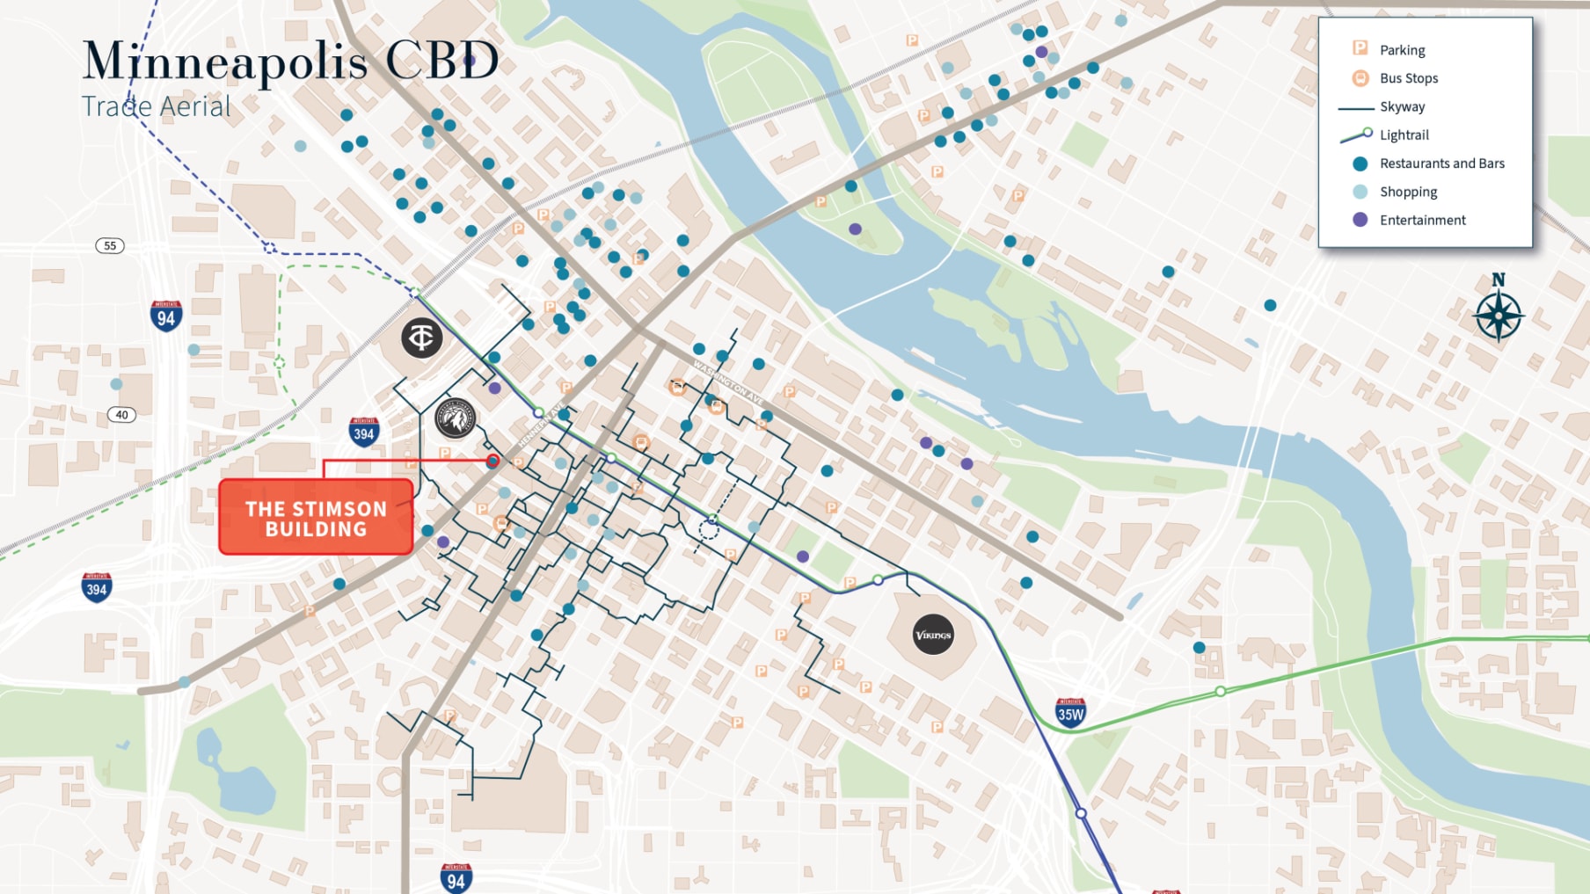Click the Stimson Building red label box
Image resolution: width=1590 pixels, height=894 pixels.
pos(316,517)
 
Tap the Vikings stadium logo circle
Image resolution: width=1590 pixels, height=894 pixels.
pos(933,635)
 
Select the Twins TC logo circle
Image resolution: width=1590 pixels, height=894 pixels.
pos(422,338)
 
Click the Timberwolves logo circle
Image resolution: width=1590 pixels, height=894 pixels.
pos(456,418)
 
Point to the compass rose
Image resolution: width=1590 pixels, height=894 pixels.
pos(1499,315)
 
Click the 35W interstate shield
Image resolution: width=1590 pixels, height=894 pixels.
pos(1070,712)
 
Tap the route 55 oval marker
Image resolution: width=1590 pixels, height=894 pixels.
pos(110,245)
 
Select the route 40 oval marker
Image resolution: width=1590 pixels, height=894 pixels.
pos(121,415)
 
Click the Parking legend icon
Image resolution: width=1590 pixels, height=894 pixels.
pos(1360,49)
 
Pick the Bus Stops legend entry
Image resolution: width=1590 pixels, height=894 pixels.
pos(1408,78)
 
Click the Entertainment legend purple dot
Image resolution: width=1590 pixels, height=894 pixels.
pos(1360,220)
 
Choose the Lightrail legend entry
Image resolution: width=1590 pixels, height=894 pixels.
pos(1404,134)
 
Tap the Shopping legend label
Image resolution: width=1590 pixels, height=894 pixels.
pos(1408,192)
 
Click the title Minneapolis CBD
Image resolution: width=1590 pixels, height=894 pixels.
pos(290,62)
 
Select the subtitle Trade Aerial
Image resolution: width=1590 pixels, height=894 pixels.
pos(156,106)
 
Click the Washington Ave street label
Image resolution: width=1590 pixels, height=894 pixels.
pos(728,382)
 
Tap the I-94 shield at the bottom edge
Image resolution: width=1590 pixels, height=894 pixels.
pos(456,878)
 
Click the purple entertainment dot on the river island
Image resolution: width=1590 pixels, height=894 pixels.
pos(855,229)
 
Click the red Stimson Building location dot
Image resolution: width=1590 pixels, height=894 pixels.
pos(492,461)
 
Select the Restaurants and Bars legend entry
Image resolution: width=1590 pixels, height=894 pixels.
pos(1441,164)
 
